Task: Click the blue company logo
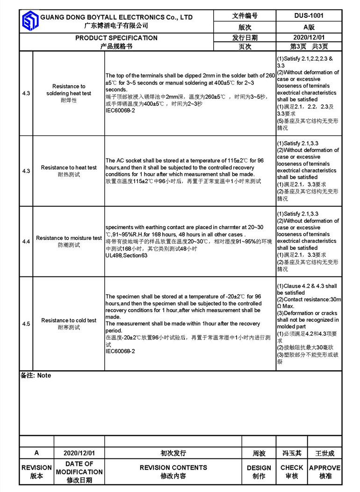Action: click(x=30, y=22)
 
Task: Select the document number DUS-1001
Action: click(x=309, y=15)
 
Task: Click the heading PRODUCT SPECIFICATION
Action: click(x=116, y=38)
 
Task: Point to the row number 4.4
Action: click(x=26, y=241)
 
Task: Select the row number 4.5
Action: click(x=26, y=324)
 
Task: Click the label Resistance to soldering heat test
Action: click(x=69, y=90)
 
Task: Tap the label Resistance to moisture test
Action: click(x=69, y=238)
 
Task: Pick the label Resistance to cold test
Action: click(x=69, y=320)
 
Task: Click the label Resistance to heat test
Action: click(x=69, y=167)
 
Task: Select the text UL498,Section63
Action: click(x=127, y=256)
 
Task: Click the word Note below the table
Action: click(x=44, y=376)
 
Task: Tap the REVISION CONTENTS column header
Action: click(x=173, y=468)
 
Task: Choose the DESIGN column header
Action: click(x=259, y=468)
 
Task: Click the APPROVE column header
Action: click(x=325, y=468)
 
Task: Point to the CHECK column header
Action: click(x=292, y=468)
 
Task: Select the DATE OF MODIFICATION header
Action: click(x=79, y=468)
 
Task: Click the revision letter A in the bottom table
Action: click(x=36, y=453)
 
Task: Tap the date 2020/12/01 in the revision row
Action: click(x=79, y=453)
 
